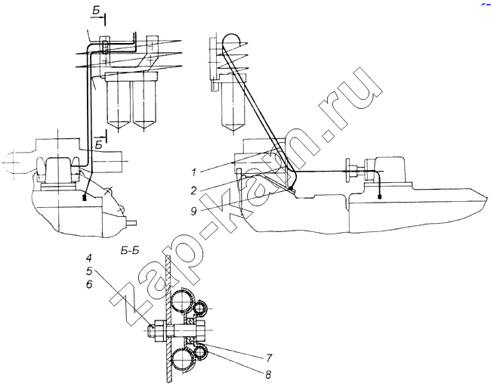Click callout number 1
pyautogui.click(x=194, y=172)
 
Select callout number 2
pyautogui.click(x=194, y=190)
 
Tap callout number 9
pyautogui.click(x=194, y=212)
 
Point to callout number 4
pyautogui.click(x=89, y=259)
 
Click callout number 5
pyautogui.click(x=89, y=271)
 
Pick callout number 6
pyautogui.click(x=89, y=284)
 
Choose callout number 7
pyautogui.click(x=269, y=358)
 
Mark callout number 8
pyautogui.click(x=267, y=374)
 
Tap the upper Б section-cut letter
pyautogui.click(x=97, y=11)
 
